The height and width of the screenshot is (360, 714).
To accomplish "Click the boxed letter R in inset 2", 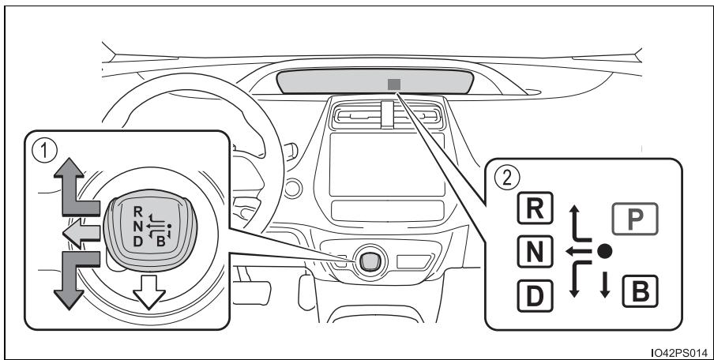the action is (535, 208).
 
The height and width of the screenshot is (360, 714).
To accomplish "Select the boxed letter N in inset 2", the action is (535, 252).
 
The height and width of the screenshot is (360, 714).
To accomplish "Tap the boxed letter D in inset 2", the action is (535, 296).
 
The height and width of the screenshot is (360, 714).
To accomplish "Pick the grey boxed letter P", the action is (635, 219).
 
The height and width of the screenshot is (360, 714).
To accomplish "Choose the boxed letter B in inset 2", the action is (640, 291).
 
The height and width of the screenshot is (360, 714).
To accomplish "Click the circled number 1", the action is (44, 152).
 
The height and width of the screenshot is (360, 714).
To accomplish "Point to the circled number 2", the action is (507, 178).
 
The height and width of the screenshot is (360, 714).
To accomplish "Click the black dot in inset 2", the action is (605, 251).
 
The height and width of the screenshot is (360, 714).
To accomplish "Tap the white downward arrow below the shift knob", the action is (149, 292).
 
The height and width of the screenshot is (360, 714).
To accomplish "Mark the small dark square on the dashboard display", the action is (394, 84).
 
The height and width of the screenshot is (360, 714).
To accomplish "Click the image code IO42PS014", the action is (679, 353).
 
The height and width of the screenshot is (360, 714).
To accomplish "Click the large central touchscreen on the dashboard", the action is (387, 165).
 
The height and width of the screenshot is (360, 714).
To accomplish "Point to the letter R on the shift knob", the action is (138, 211).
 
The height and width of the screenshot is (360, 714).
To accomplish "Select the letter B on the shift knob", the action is (161, 242).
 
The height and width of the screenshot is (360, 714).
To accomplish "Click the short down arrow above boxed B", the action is (605, 284).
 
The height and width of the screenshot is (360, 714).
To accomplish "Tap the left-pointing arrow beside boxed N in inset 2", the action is (578, 251).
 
